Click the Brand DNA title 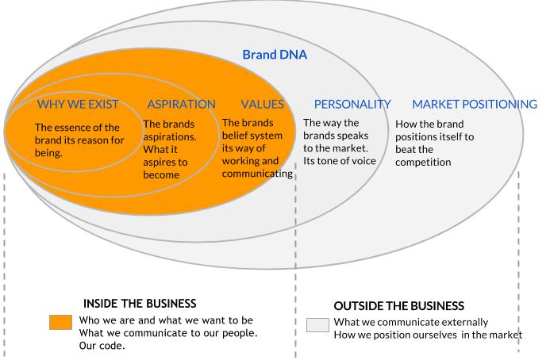tap(275, 55)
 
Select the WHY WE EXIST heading tap(78, 104)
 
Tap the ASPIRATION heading tap(181, 104)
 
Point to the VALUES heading tap(263, 104)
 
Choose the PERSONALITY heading tap(352, 104)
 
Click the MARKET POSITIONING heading tap(475, 104)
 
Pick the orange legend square tap(60, 322)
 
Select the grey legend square tap(317, 325)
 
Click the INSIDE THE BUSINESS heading tap(140, 304)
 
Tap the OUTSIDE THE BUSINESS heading tap(399, 306)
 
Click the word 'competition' tap(423, 163)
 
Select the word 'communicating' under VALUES tap(257, 174)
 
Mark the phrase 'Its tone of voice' tap(340, 161)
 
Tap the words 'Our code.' tap(102, 346)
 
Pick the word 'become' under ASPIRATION tap(161, 174)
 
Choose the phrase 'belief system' tap(252, 136)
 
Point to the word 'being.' tap(48, 153)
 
